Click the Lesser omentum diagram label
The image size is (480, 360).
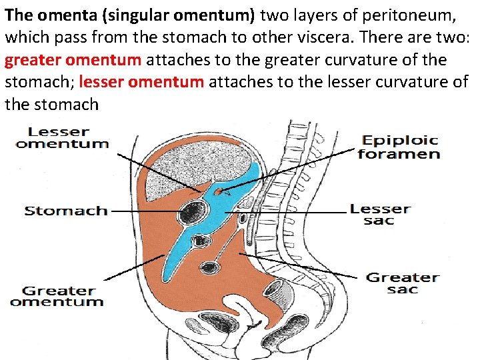(62, 137)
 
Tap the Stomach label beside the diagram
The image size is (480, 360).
(66, 211)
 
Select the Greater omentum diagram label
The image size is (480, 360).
(57, 296)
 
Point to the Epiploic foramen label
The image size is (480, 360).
(399, 147)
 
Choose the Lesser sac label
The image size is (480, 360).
(380, 215)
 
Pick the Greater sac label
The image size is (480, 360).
(403, 283)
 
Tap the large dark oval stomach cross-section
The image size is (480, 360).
(194, 212)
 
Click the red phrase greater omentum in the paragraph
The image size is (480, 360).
(73, 60)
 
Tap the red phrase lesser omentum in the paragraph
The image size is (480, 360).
(141, 83)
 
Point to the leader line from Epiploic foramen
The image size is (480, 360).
(293, 170)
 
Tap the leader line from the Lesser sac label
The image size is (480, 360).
(287, 213)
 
